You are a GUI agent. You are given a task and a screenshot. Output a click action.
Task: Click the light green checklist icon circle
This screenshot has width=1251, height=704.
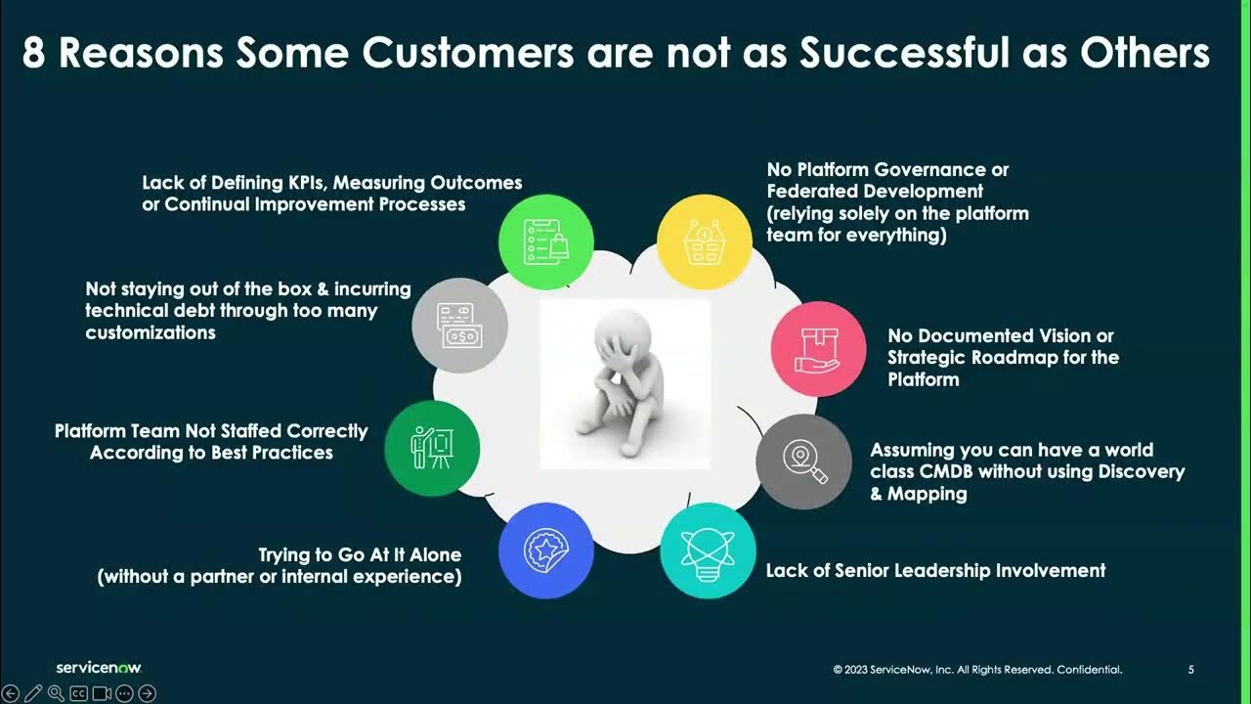pyautogui.click(x=546, y=242)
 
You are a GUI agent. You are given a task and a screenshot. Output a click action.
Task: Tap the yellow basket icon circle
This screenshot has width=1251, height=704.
pyautogui.click(x=704, y=242)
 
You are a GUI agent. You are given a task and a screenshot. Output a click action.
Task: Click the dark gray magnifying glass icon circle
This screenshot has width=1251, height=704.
pyautogui.click(x=803, y=462)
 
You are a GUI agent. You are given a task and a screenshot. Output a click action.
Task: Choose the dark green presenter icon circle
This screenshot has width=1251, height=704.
pyautogui.click(x=432, y=448)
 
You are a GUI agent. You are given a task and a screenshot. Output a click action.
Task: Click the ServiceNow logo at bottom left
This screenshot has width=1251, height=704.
pyautogui.click(x=99, y=668)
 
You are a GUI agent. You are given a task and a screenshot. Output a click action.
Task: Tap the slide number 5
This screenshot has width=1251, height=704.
pyautogui.click(x=1190, y=670)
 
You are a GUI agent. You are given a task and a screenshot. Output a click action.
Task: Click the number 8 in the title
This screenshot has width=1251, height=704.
pyautogui.click(x=34, y=53)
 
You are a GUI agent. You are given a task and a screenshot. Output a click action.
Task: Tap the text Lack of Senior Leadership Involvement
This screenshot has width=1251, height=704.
pyautogui.click(x=935, y=570)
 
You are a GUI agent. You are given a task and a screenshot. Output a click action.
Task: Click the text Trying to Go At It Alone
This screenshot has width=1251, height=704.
pyautogui.click(x=359, y=554)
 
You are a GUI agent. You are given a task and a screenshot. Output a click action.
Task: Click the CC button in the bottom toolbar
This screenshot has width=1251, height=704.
pyautogui.click(x=78, y=693)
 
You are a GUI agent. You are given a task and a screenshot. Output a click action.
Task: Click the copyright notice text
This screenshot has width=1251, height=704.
pyautogui.click(x=977, y=670)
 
